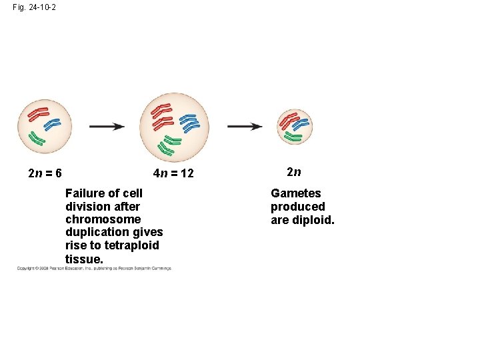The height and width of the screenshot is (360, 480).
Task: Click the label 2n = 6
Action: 45,173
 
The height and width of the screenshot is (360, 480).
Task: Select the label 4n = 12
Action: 173,173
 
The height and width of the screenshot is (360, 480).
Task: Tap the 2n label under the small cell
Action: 294,172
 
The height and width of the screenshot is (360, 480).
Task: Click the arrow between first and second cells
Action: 107,126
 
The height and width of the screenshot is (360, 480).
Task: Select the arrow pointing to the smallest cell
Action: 245,126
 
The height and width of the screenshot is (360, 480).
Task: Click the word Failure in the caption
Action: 85,193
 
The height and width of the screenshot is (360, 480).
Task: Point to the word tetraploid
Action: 132,245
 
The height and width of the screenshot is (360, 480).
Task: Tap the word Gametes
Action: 295,193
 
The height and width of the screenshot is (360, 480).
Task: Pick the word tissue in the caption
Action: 83,259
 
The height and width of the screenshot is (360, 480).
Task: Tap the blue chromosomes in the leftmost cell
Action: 51,124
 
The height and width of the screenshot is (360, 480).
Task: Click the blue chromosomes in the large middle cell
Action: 190,121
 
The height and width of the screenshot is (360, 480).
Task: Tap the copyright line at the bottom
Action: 94,269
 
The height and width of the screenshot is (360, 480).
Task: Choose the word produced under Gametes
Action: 297,207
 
